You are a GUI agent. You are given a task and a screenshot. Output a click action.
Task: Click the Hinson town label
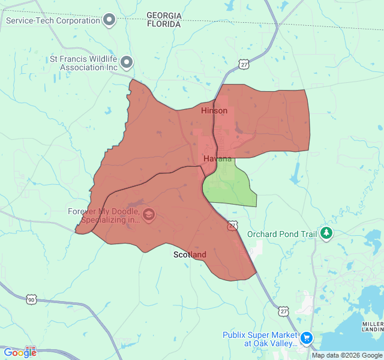[x=214, y=111]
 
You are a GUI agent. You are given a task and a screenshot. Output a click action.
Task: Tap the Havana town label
[x=217, y=158]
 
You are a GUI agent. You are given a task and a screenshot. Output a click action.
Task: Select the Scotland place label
[x=190, y=254]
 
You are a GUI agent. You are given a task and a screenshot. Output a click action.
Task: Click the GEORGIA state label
[x=164, y=15]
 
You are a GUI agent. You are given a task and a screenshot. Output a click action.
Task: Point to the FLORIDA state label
[x=164, y=25]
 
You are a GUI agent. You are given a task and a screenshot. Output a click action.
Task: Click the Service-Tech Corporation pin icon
[x=109, y=20]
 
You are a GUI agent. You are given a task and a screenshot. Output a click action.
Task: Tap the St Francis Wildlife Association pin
[x=127, y=62]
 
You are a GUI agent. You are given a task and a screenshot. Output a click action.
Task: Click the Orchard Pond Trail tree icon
[x=326, y=233]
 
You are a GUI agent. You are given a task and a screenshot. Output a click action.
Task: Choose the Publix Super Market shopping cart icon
[x=307, y=338]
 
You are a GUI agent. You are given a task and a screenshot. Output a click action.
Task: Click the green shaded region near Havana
[x=231, y=186]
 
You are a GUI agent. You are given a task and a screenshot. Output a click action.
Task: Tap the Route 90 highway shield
[x=31, y=299]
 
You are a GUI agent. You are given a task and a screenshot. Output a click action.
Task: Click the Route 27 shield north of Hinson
[x=244, y=63]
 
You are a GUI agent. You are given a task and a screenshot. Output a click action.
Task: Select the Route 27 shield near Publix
[x=284, y=311]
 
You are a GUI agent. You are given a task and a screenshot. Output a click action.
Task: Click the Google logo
[x=19, y=353]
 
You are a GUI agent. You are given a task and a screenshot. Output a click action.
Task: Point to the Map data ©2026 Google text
[x=346, y=355]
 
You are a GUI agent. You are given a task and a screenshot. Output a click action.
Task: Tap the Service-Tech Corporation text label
[x=53, y=20]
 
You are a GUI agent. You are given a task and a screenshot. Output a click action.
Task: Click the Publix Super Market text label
[x=260, y=339]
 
